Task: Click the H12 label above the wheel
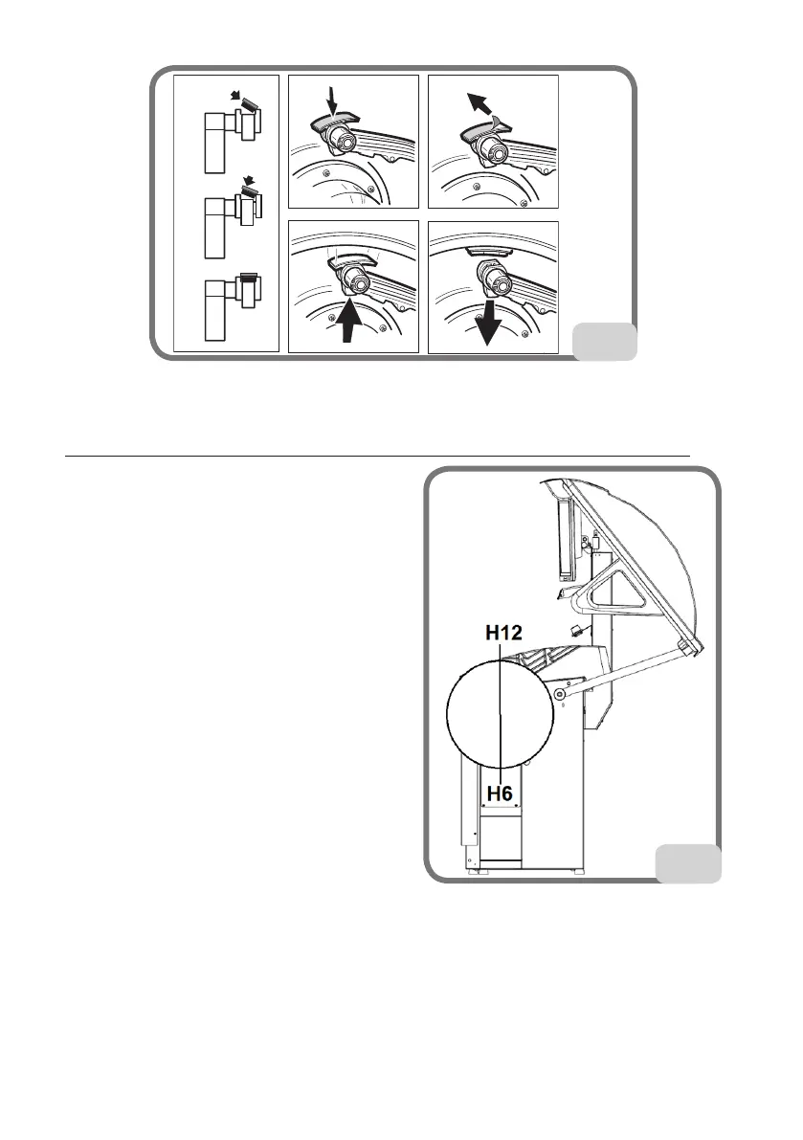(502, 634)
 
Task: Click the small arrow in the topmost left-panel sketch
(236, 96)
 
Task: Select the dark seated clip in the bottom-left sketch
(247, 279)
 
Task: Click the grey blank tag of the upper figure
(604, 342)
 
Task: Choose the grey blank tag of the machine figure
(688, 863)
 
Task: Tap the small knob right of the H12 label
(576, 632)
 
